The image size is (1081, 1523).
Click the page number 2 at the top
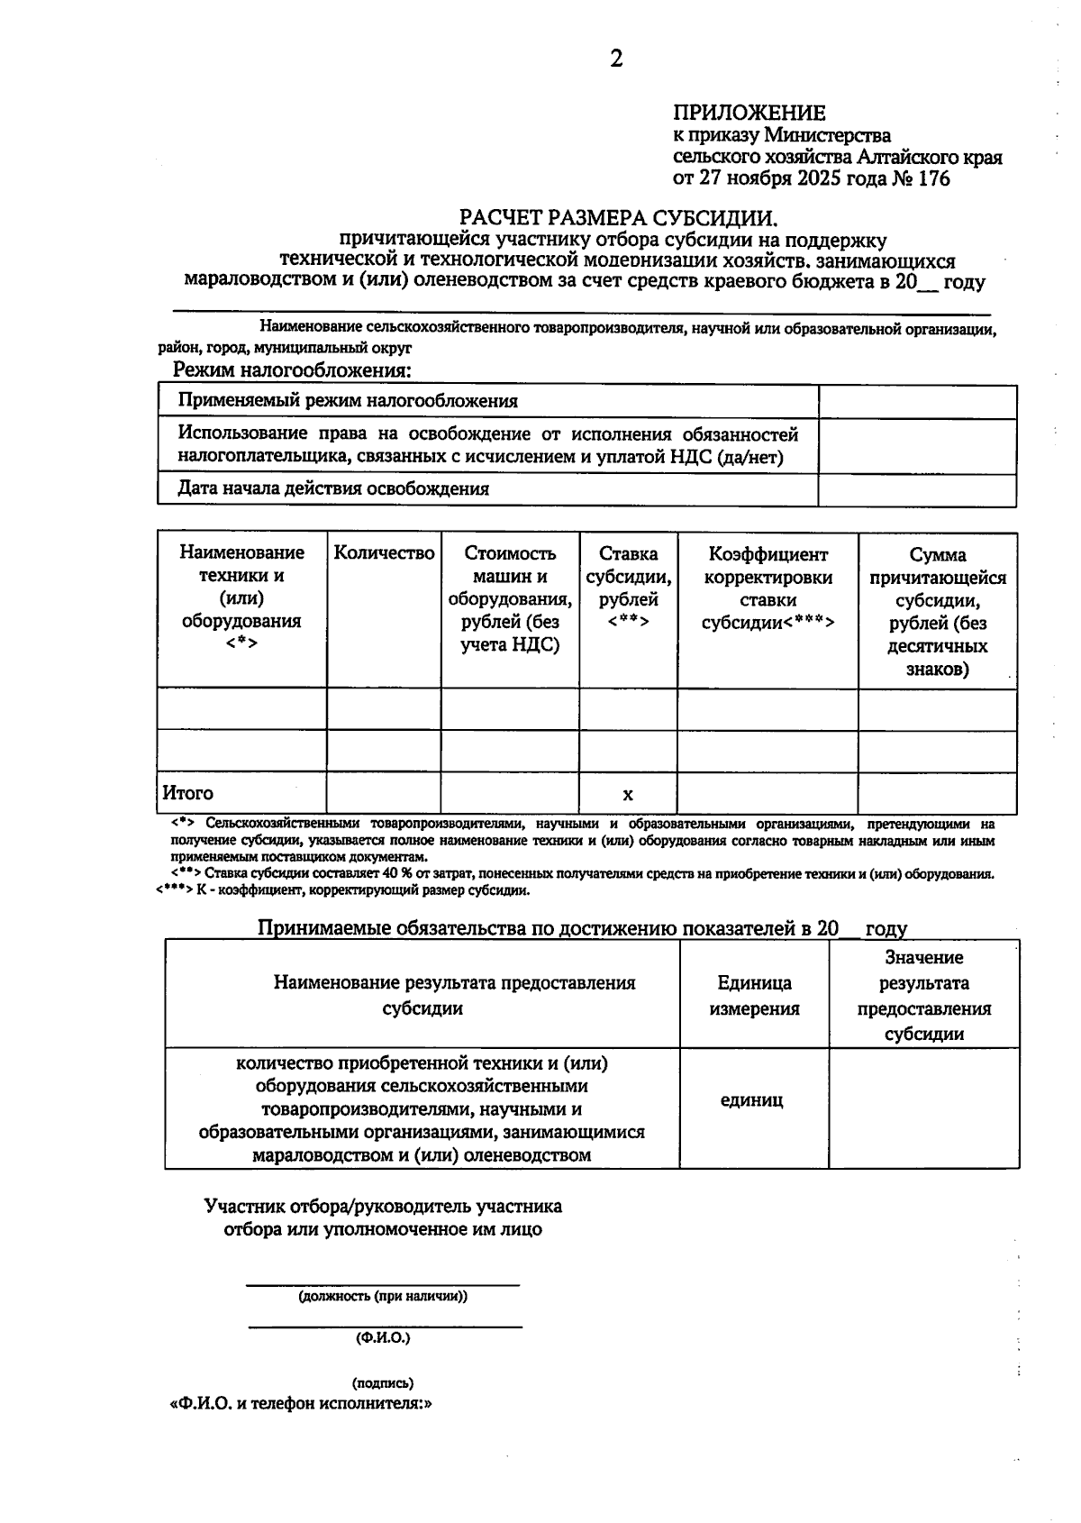pyautogui.click(x=616, y=59)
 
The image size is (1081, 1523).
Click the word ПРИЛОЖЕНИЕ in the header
pyautogui.click(x=749, y=113)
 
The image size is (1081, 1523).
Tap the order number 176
pyautogui.click(x=933, y=178)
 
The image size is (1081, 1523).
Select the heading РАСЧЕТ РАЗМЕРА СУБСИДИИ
pyautogui.click(x=617, y=217)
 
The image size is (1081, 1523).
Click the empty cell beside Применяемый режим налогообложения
pyautogui.click(x=917, y=401)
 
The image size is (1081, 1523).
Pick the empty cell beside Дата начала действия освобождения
pyautogui.click(x=917, y=489)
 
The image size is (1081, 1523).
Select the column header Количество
pyautogui.click(x=384, y=553)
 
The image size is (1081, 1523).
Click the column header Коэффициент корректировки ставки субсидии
pyautogui.click(x=768, y=588)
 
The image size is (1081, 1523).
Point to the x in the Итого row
pyautogui.click(x=628, y=794)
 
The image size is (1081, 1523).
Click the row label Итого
pyautogui.click(x=188, y=793)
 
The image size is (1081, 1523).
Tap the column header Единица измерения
pyautogui.click(x=754, y=995)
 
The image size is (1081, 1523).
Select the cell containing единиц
pyautogui.click(x=752, y=1100)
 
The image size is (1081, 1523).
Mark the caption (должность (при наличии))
pyautogui.click(x=383, y=1296)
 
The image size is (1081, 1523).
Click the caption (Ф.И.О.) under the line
pyautogui.click(x=383, y=1338)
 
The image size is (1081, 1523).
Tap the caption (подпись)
pyautogui.click(x=383, y=1382)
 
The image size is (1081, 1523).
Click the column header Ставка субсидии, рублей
pyautogui.click(x=628, y=588)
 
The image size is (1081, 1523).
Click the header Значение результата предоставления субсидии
pyautogui.click(x=923, y=995)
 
